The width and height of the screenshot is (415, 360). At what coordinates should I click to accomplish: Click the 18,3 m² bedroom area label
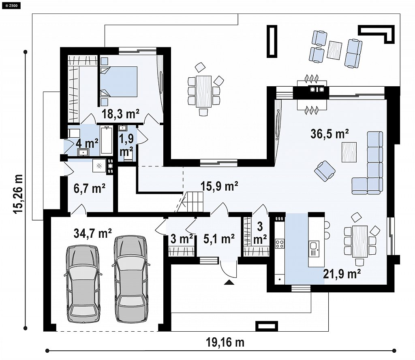pyautogui.click(x=120, y=114)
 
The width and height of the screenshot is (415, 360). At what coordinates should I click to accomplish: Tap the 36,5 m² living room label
pyautogui.click(x=329, y=134)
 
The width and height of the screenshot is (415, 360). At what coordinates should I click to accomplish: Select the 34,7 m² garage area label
pyautogui.click(x=93, y=234)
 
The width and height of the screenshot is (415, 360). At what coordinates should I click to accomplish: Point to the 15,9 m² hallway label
pyautogui.click(x=219, y=186)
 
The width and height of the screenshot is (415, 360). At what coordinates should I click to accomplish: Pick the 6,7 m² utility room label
pyautogui.click(x=90, y=189)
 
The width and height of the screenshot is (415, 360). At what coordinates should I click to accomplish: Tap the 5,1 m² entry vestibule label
pyautogui.click(x=219, y=239)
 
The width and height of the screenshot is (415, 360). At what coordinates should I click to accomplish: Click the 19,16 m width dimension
pyautogui.click(x=225, y=343)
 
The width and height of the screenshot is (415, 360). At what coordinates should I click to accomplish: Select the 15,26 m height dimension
pyautogui.click(x=18, y=194)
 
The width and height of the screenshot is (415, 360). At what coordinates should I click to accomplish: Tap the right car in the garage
pyautogui.click(x=131, y=279)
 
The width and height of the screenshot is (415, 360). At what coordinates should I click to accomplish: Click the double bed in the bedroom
pyautogui.click(x=119, y=81)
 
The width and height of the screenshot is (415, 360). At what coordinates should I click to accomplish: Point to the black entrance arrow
pyautogui.click(x=229, y=282)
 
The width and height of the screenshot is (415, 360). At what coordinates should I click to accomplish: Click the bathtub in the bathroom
pyautogui.click(x=107, y=140)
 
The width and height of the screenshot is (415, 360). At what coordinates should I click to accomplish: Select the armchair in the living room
pyautogui.click(x=325, y=171)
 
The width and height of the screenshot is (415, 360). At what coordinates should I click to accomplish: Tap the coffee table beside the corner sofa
pyautogui.click(x=349, y=152)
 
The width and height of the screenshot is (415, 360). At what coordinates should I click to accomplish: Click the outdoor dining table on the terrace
pyautogui.click(x=203, y=92)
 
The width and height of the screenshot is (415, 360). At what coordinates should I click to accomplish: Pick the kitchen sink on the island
pyautogui.click(x=314, y=249)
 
